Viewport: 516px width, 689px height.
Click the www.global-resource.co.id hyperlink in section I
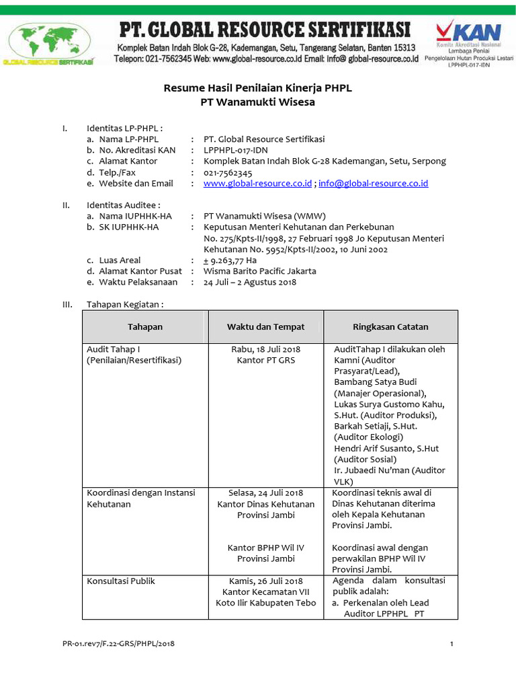click(x=257, y=183)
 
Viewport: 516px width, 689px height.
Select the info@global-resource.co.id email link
click(x=373, y=183)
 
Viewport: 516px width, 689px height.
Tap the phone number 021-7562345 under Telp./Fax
click(x=228, y=172)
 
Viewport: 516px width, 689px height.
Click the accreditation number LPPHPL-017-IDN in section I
click(x=236, y=150)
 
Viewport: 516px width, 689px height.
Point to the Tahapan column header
click(x=145, y=327)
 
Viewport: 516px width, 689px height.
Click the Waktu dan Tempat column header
click(x=265, y=327)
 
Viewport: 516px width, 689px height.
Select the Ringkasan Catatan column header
click(x=390, y=327)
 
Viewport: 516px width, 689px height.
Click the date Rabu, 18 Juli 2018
click(x=265, y=349)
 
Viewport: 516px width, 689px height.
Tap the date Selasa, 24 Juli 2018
click(x=265, y=493)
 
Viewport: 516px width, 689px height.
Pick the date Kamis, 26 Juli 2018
click(x=265, y=581)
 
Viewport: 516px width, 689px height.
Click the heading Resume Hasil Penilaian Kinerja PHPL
click(x=258, y=88)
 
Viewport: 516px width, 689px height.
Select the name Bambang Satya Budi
click(x=374, y=382)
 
